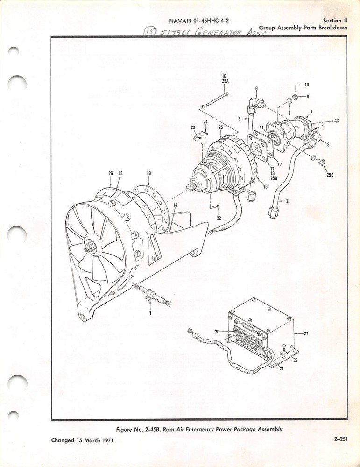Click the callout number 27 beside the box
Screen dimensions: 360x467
click(306, 333)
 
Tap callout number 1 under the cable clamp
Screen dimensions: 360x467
click(150, 313)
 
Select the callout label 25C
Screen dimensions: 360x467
click(330, 175)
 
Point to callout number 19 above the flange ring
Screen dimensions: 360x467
click(148, 173)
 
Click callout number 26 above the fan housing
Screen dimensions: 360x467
click(111, 173)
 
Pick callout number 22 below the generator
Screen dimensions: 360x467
click(219, 218)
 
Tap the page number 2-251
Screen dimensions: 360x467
click(341, 439)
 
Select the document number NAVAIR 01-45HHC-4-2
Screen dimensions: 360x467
click(199, 21)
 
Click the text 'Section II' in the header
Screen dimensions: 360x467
click(335, 21)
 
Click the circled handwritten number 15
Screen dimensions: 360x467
click(150, 31)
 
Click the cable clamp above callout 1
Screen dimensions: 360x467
click(149, 293)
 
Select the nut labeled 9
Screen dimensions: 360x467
click(296, 97)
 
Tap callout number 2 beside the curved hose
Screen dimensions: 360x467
click(287, 201)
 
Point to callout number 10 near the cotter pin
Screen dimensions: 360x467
click(306, 85)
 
